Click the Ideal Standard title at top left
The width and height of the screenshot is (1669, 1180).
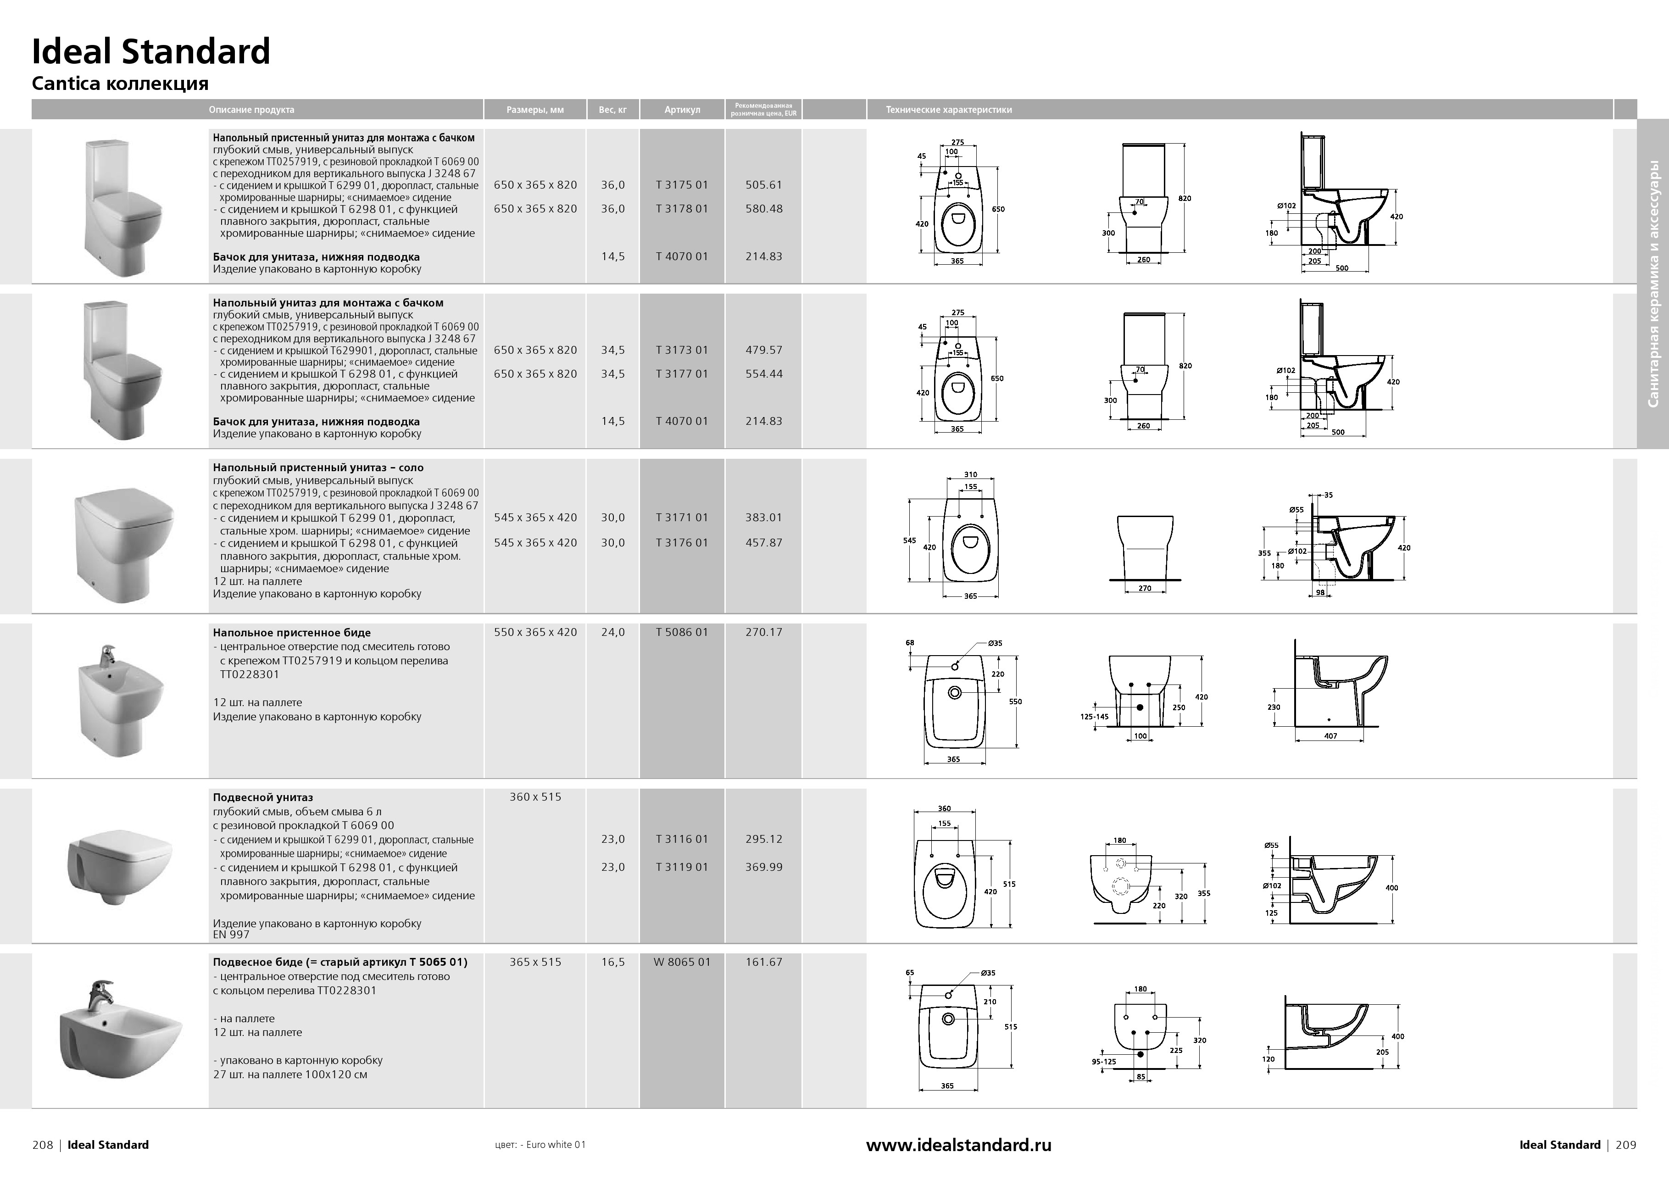pyautogui.click(x=150, y=52)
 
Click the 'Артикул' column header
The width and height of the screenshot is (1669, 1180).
pyautogui.click(x=682, y=110)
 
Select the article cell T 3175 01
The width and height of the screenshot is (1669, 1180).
pyautogui.click(x=681, y=185)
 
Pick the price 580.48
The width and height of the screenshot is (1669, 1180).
pyautogui.click(x=763, y=209)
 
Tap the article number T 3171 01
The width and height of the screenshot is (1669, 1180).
pyautogui.click(x=681, y=518)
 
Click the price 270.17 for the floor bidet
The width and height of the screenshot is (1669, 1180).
pyautogui.click(x=763, y=632)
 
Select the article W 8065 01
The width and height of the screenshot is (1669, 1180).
pyautogui.click(x=681, y=962)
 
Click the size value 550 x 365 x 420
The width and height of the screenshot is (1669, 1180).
pyautogui.click(x=535, y=632)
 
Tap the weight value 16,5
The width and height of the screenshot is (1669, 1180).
pyautogui.click(x=612, y=962)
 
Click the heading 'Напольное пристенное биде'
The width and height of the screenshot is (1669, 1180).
pyautogui.click(x=291, y=633)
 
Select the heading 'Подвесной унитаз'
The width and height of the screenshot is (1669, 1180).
pyautogui.click(x=262, y=797)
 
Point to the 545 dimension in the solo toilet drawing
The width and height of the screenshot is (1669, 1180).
pyautogui.click(x=909, y=541)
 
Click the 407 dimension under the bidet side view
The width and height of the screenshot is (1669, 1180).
pyautogui.click(x=1330, y=736)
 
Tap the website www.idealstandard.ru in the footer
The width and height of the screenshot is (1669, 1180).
pyautogui.click(x=958, y=1145)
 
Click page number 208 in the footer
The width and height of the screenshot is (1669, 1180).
pyautogui.click(x=43, y=1145)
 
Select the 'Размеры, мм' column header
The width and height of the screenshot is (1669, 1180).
pyautogui.click(x=535, y=110)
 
